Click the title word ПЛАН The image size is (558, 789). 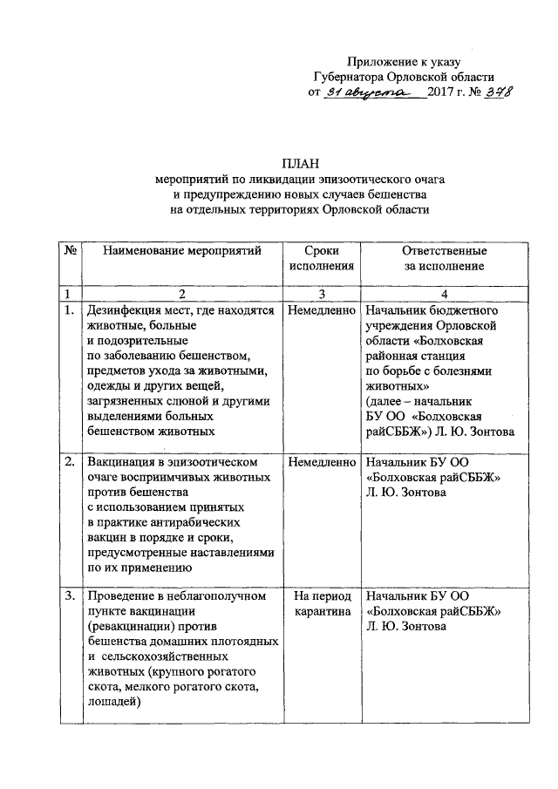coord(300,163)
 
